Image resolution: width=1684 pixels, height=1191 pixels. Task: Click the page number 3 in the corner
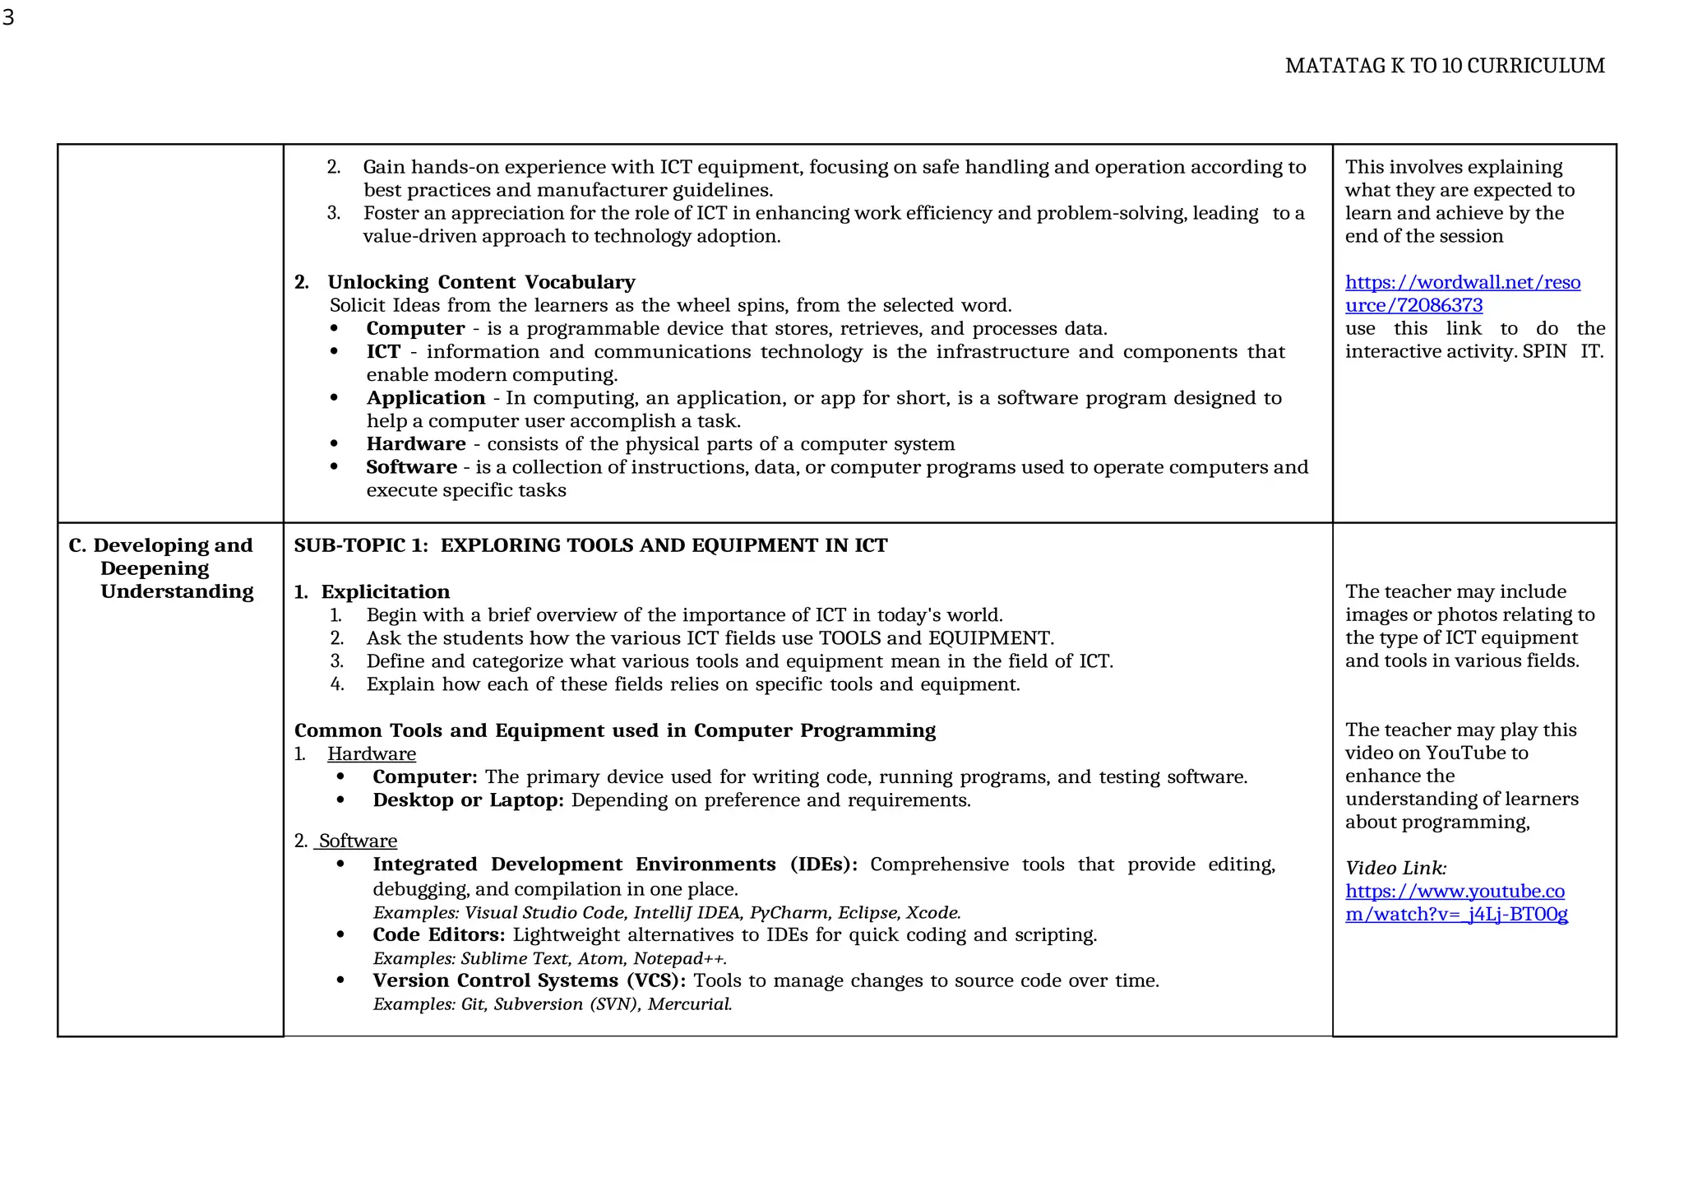[x=9, y=17]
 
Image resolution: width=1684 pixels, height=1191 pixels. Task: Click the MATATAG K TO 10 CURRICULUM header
[x=1444, y=66]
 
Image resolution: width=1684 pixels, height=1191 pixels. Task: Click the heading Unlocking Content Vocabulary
[x=481, y=282]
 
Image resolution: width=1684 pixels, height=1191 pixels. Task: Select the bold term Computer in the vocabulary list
[x=415, y=329]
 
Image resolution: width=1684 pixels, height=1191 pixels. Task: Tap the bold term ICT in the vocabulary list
[x=383, y=352]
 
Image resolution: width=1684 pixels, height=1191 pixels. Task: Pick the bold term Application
[x=426, y=398]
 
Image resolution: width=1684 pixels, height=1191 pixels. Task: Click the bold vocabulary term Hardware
[x=416, y=444]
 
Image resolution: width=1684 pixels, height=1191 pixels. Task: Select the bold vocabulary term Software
[x=411, y=467]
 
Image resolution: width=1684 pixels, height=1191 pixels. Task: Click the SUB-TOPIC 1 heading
[x=590, y=545]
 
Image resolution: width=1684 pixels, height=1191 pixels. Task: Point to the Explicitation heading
[x=385, y=592]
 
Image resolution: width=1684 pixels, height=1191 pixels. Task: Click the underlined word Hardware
[x=372, y=754]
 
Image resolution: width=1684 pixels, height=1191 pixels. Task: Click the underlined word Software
[x=358, y=841]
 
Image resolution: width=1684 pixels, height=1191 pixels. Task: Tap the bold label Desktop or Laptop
[x=468, y=800]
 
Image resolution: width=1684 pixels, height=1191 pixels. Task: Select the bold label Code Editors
[x=438, y=935]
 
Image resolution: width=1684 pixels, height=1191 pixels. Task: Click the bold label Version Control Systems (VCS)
[x=529, y=981]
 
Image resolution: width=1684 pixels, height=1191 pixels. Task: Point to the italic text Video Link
[x=1395, y=869]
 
